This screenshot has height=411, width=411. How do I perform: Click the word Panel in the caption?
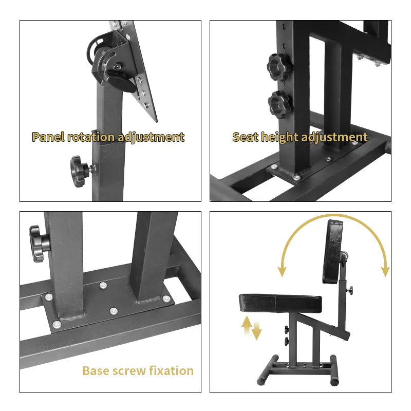[x=48, y=137]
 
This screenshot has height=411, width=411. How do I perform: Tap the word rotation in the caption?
[x=91, y=137]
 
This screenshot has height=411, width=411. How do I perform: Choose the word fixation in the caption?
[x=172, y=370]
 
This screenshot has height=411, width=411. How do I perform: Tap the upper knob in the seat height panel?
[x=279, y=67]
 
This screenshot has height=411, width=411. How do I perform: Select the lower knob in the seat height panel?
[x=280, y=104]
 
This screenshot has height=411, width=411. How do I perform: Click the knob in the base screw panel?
[x=39, y=244]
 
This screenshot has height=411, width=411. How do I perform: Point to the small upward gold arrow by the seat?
[x=247, y=325]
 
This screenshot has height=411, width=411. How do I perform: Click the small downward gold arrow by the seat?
[x=256, y=331]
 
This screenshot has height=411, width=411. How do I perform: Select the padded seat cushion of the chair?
[x=280, y=303]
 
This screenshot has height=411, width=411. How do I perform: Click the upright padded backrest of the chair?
[x=332, y=251]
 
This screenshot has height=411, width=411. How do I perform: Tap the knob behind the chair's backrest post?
[x=350, y=290]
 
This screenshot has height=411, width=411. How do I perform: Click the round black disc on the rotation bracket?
[x=121, y=84]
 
